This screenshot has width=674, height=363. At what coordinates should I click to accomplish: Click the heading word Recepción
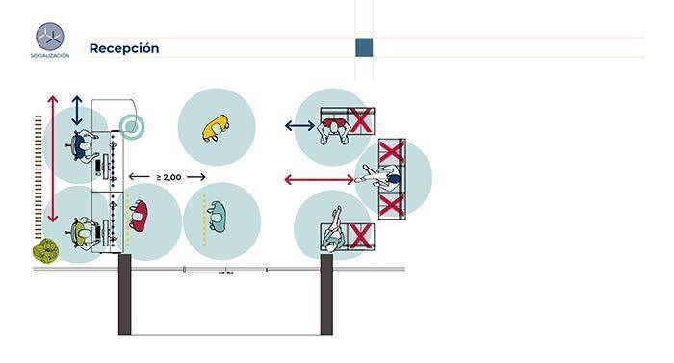pyautogui.click(x=124, y=48)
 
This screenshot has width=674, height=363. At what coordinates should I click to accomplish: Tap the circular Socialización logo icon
pyautogui.click(x=50, y=37)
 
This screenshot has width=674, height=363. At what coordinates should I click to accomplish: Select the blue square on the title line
pyautogui.click(x=364, y=47)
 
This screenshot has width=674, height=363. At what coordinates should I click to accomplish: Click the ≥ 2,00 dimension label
pyautogui.click(x=168, y=177)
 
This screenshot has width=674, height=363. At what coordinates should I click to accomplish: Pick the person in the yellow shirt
pyautogui.click(x=216, y=127)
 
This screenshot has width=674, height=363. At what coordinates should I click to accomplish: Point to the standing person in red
pyautogui.click(x=138, y=216)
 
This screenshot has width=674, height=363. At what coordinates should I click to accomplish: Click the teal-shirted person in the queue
pyautogui.click(x=217, y=218)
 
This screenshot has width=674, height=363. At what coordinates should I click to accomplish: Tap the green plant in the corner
pyautogui.click(x=45, y=250)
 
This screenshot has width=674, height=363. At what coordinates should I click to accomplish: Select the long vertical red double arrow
pyautogui.click(x=53, y=159)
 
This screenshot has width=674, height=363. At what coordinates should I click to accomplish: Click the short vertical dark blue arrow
pyautogui.click(x=77, y=111)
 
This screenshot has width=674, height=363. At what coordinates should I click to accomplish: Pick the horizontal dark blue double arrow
pyautogui.click(x=300, y=125)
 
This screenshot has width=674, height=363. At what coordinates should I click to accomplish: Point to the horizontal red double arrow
pyautogui.click(x=319, y=180)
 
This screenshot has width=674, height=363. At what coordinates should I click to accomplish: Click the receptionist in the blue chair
pyautogui.click(x=83, y=147)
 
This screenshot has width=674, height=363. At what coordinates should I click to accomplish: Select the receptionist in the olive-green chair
pyautogui.click(x=83, y=233)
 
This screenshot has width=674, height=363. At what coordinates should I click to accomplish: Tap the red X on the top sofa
pyautogui.click(x=360, y=120)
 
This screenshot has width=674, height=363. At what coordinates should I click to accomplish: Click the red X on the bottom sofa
pyautogui.click(x=360, y=236)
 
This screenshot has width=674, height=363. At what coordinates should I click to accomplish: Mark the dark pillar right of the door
pyautogui.click(x=326, y=295)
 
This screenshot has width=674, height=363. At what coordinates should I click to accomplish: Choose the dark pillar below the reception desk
pyautogui.click(x=124, y=295)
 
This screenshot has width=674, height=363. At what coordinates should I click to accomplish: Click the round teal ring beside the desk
pyautogui.click(x=132, y=127)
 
